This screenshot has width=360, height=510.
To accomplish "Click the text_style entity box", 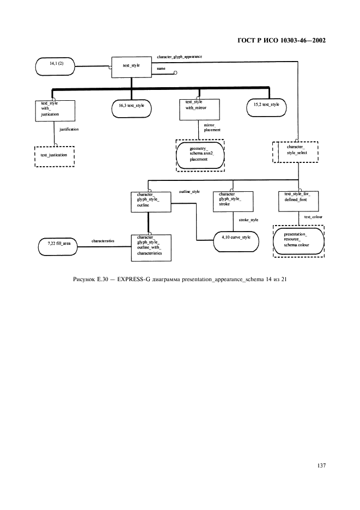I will coord(131,66).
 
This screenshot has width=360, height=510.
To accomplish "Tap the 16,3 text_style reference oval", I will coord(131,105).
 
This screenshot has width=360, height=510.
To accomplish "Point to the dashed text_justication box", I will coord(54,155).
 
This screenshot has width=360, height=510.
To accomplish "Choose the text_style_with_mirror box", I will coord(199,108).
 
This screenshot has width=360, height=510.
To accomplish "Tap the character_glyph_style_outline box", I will coord(151,201).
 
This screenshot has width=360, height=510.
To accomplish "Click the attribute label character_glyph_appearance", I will coord(179,57).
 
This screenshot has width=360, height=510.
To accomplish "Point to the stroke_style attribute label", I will coord(249,221).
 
